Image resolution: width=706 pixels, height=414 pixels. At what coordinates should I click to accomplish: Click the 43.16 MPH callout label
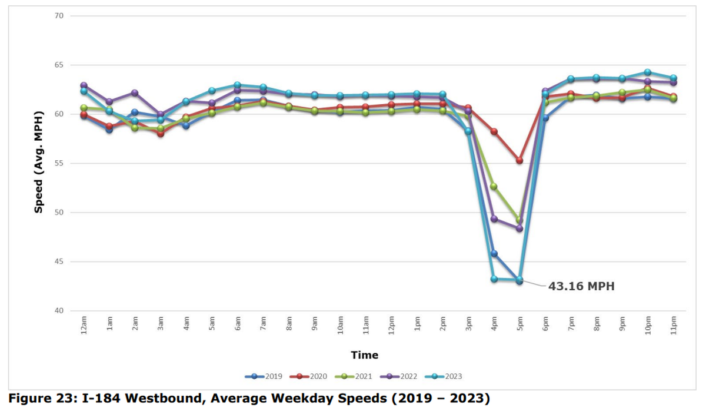[581, 287]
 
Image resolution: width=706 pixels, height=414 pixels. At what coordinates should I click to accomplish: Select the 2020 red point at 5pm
[519, 160]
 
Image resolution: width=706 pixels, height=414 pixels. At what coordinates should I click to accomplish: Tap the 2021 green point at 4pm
[494, 187]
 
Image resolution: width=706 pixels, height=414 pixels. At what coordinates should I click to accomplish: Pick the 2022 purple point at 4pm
[494, 219]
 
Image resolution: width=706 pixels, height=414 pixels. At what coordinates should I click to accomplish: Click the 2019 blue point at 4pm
[494, 254]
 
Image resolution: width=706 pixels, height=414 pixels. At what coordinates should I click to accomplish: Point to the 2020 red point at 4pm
[494, 131]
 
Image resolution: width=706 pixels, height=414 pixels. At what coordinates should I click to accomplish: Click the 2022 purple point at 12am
[84, 85]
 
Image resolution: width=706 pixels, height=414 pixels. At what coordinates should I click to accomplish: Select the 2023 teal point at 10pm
[648, 72]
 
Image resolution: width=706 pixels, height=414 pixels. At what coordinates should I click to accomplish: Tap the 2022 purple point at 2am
[135, 93]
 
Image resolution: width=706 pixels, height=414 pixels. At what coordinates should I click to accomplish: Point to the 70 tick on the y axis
[59, 16]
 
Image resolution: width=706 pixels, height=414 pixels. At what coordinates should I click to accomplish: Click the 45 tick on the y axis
[59, 261]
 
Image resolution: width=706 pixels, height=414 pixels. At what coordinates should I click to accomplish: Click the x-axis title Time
[365, 355]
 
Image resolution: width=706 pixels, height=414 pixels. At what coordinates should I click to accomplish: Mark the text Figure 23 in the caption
[39, 399]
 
